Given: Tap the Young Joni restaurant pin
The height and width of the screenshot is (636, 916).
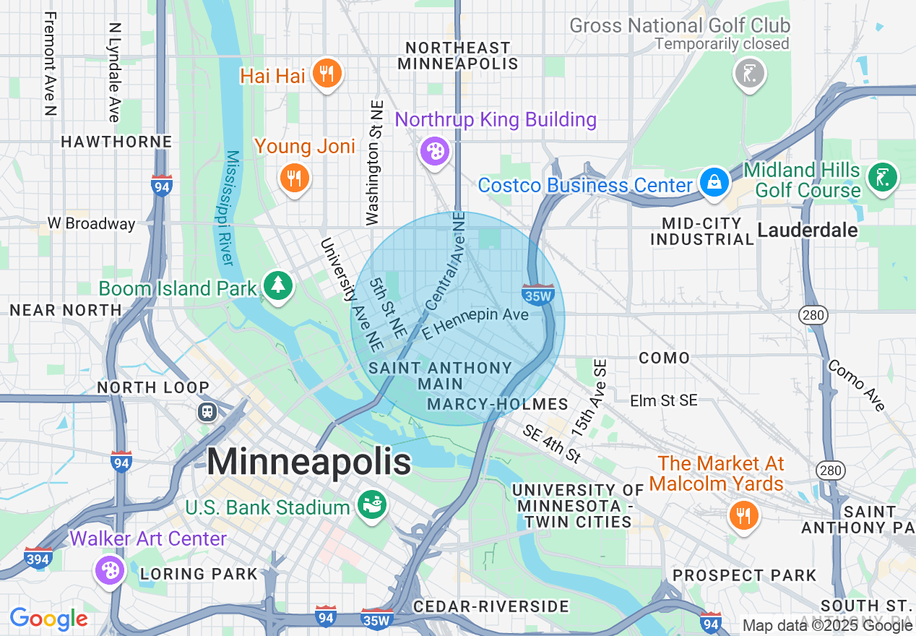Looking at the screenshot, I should click(x=294, y=177).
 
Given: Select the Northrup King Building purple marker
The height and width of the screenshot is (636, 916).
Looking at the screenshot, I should click(x=435, y=152).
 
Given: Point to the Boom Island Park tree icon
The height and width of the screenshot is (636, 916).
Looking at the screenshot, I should click(x=277, y=285).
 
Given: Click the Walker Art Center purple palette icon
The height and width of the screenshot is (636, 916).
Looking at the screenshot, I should click(x=110, y=570).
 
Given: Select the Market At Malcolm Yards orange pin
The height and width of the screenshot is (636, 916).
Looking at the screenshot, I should click(x=743, y=516).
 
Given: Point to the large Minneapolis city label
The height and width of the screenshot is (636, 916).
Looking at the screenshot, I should click(x=309, y=463).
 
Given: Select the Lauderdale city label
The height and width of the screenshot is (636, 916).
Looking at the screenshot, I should click(x=807, y=230).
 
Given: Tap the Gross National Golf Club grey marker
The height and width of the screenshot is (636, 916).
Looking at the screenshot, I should click(x=749, y=73).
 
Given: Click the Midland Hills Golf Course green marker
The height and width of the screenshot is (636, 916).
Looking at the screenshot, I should click(x=883, y=177).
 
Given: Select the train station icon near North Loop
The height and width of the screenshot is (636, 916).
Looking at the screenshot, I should click(x=207, y=411).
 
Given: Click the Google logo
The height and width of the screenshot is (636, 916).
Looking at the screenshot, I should click(x=48, y=619).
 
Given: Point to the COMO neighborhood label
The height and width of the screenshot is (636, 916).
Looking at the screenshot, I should click(x=664, y=358).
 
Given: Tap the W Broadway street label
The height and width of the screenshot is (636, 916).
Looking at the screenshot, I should click(x=91, y=223).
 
